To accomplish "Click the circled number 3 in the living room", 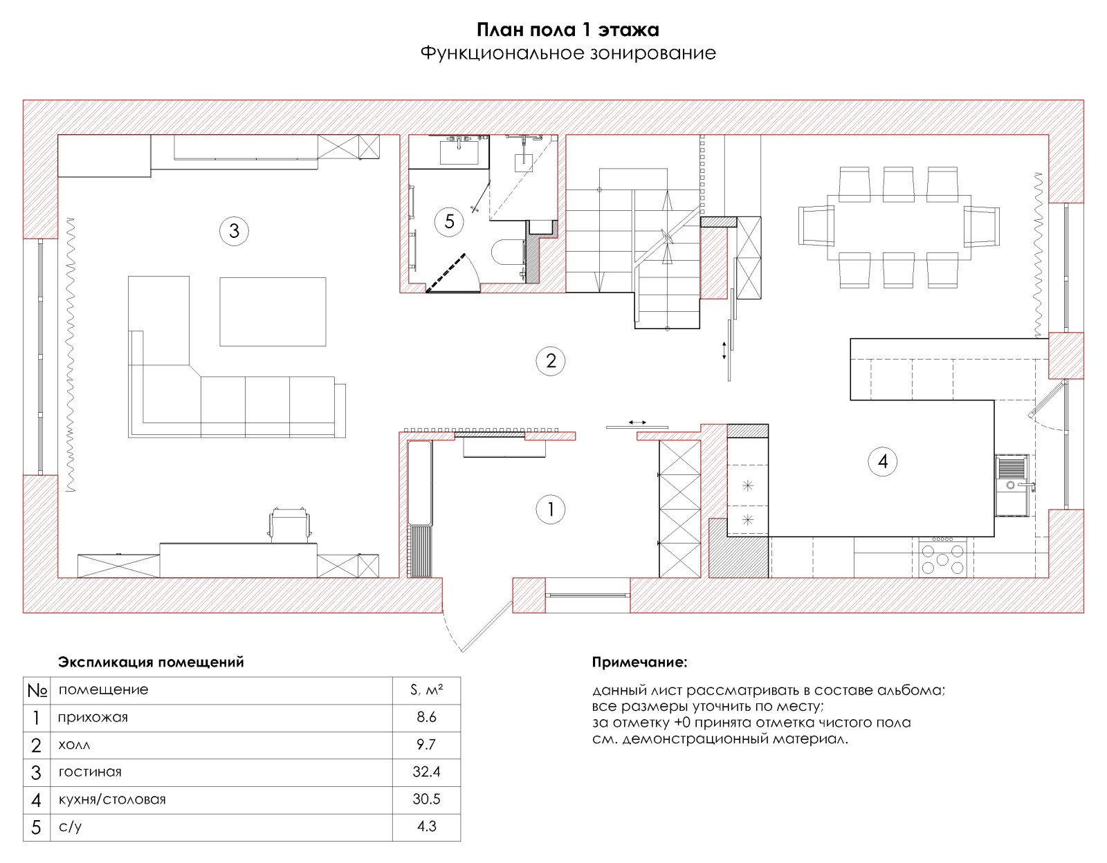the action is pyautogui.click(x=234, y=231).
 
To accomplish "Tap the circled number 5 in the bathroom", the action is pyautogui.click(x=449, y=221).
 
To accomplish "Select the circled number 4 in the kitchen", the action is pyautogui.click(x=882, y=461).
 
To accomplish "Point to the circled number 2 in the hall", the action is pyautogui.click(x=550, y=361).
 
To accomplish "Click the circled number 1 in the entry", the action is pyautogui.click(x=550, y=509).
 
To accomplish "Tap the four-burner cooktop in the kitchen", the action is pyautogui.click(x=942, y=558).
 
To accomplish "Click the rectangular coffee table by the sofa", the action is pyautogui.click(x=273, y=312).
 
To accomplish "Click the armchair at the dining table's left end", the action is pyautogui.click(x=816, y=225).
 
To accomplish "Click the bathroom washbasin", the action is pyautogui.click(x=459, y=151).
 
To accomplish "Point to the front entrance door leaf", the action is pyautogui.click(x=486, y=627).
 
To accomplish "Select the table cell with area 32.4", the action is pyautogui.click(x=426, y=772).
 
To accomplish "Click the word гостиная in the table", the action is pyautogui.click(x=90, y=772).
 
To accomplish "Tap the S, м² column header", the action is pyautogui.click(x=426, y=690).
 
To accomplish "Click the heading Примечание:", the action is pyautogui.click(x=639, y=662).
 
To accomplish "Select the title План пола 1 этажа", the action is pyautogui.click(x=567, y=30).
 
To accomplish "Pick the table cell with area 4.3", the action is pyautogui.click(x=426, y=826).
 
